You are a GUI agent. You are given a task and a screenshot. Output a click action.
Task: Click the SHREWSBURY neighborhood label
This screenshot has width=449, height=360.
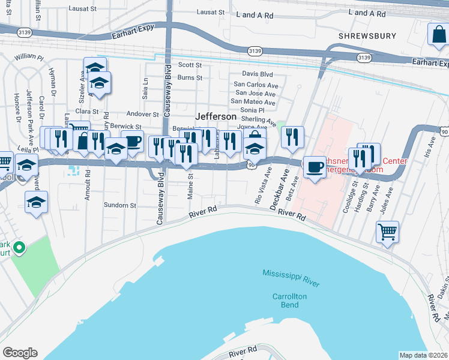click(367, 36)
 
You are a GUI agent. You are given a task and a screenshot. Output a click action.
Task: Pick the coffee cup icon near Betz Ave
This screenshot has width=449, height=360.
click(315, 167)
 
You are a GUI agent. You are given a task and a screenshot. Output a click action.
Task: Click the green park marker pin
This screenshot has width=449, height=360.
click(19, 247)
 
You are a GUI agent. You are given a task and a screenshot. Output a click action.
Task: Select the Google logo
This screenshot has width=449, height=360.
click(20, 353)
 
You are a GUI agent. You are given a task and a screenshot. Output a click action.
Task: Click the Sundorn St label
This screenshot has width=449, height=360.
click(120, 205)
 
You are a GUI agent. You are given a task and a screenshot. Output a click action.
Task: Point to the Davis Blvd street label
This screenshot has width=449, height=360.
click(258, 74)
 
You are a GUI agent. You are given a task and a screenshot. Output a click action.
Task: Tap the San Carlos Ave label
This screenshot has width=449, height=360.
click(256, 85)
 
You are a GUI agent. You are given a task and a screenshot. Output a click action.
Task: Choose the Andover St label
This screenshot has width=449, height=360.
click(142, 114)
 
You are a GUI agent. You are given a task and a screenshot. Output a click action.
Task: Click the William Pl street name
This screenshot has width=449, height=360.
click(29, 57)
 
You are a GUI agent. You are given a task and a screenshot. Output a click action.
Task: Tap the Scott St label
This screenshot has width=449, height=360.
click(190, 65)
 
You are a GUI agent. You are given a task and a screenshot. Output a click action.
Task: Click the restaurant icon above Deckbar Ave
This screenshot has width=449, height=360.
click(292, 137)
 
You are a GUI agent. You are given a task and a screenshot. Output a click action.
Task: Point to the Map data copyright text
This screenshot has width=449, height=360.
click(423, 355)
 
